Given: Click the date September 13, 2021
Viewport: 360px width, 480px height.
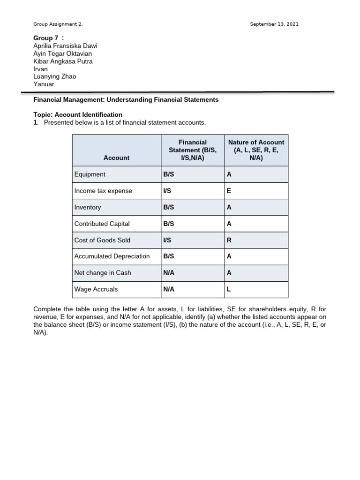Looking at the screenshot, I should click(x=274, y=24).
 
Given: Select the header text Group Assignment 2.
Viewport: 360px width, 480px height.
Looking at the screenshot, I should click(x=58, y=24).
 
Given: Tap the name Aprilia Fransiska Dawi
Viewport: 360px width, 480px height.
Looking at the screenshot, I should click(x=65, y=45).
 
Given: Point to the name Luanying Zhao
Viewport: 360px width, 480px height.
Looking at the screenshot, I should click(x=54, y=76).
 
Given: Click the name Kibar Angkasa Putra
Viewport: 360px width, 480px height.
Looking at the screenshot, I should click(x=63, y=61).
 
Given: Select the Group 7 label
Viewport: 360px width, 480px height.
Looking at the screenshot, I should click(x=48, y=37).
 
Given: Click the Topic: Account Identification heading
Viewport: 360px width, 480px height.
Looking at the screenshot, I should click(x=78, y=114).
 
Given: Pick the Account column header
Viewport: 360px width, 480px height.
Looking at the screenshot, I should click(x=116, y=158).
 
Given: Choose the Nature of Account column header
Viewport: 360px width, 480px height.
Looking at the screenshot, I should click(x=256, y=150).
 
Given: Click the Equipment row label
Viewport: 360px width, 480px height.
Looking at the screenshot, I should click(x=90, y=174).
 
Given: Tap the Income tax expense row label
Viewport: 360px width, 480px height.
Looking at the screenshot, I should click(x=103, y=191).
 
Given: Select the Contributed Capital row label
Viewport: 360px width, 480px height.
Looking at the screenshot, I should click(x=102, y=224).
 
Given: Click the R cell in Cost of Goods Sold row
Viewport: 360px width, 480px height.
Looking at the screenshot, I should click(x=229, y=240).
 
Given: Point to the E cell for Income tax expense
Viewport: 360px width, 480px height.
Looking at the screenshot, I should click(x=229, y=191).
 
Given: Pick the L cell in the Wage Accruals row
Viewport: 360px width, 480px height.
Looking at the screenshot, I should click(x=229, y=289).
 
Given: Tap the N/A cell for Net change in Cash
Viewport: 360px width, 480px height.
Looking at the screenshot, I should click(x=168, y=273).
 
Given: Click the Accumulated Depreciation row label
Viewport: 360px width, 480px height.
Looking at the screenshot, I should click(x=112, y=256).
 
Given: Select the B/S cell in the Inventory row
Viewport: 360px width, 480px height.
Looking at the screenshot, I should click(x=168, y=207).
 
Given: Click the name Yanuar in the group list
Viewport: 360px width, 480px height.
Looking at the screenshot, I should click(x=43, y=84).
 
